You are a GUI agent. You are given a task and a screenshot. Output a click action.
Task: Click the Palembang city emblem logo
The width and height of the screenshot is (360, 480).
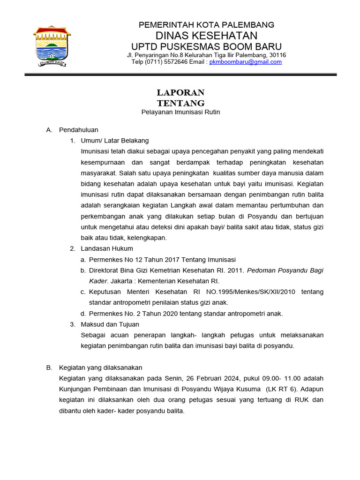pos(52,46)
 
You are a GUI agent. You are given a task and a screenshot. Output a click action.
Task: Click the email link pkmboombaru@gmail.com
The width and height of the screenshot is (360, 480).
pos(245,62)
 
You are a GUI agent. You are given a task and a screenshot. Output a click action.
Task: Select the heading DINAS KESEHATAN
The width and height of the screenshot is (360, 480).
pos(206,36)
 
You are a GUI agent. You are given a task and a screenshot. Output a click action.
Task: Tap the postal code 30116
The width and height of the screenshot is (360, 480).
pos(276,55)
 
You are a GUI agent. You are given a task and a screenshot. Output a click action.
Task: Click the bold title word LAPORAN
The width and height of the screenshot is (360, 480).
pos(180,92)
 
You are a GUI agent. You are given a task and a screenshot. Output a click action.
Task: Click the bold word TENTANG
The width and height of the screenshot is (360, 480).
pos(180,103)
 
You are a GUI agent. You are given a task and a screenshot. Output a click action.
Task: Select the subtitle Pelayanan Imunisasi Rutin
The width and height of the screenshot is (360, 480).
pos(180,112)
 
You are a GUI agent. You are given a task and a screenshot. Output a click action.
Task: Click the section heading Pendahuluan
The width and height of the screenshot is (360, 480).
pos(78,130)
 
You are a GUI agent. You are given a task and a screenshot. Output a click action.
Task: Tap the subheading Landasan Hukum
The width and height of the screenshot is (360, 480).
pos(107,248)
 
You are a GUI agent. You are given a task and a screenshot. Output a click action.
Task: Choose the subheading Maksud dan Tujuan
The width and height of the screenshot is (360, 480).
pos(110,324)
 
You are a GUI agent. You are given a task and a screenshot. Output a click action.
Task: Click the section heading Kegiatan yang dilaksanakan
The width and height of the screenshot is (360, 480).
pos(100,367)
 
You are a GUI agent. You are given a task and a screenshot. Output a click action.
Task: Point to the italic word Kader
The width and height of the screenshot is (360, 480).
pos(98,281)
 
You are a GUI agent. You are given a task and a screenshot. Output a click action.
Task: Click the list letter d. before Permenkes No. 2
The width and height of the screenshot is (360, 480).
pos(83,314)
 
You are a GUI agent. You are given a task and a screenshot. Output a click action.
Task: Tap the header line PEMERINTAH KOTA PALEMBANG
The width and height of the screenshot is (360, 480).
pos(206,25)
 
